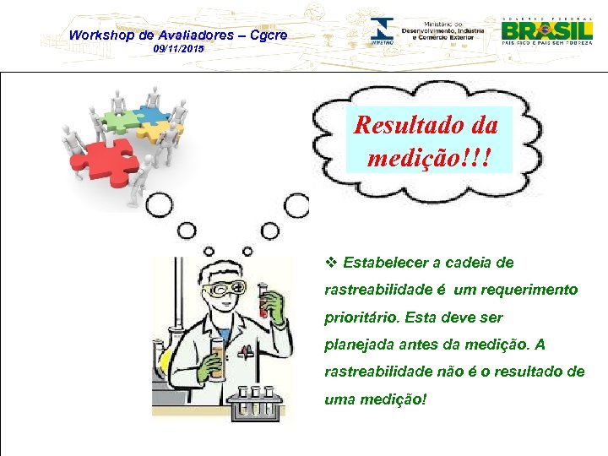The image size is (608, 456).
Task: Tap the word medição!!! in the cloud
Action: tap(430, 157)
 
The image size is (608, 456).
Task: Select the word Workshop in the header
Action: tap(100, 35)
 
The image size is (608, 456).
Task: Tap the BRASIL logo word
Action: tap(546, 31)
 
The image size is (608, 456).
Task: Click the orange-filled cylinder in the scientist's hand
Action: tap(218, 358)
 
